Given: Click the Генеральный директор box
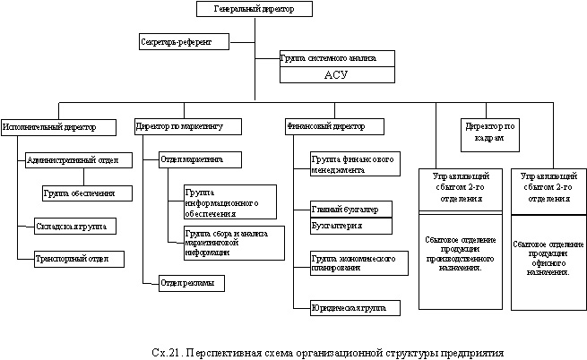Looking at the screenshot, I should click(255, 10).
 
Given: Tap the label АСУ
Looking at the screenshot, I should click(336, 75).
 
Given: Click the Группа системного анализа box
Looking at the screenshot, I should click(337, 57).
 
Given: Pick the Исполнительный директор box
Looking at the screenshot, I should click(59, 127).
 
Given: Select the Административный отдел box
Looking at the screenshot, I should click(79, 159).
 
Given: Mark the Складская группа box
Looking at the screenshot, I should click(71, 225).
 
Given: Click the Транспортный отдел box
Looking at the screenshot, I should click(73, 258).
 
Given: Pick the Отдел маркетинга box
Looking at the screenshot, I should click(203, 159).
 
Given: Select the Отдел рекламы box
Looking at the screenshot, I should click(191, 284).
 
